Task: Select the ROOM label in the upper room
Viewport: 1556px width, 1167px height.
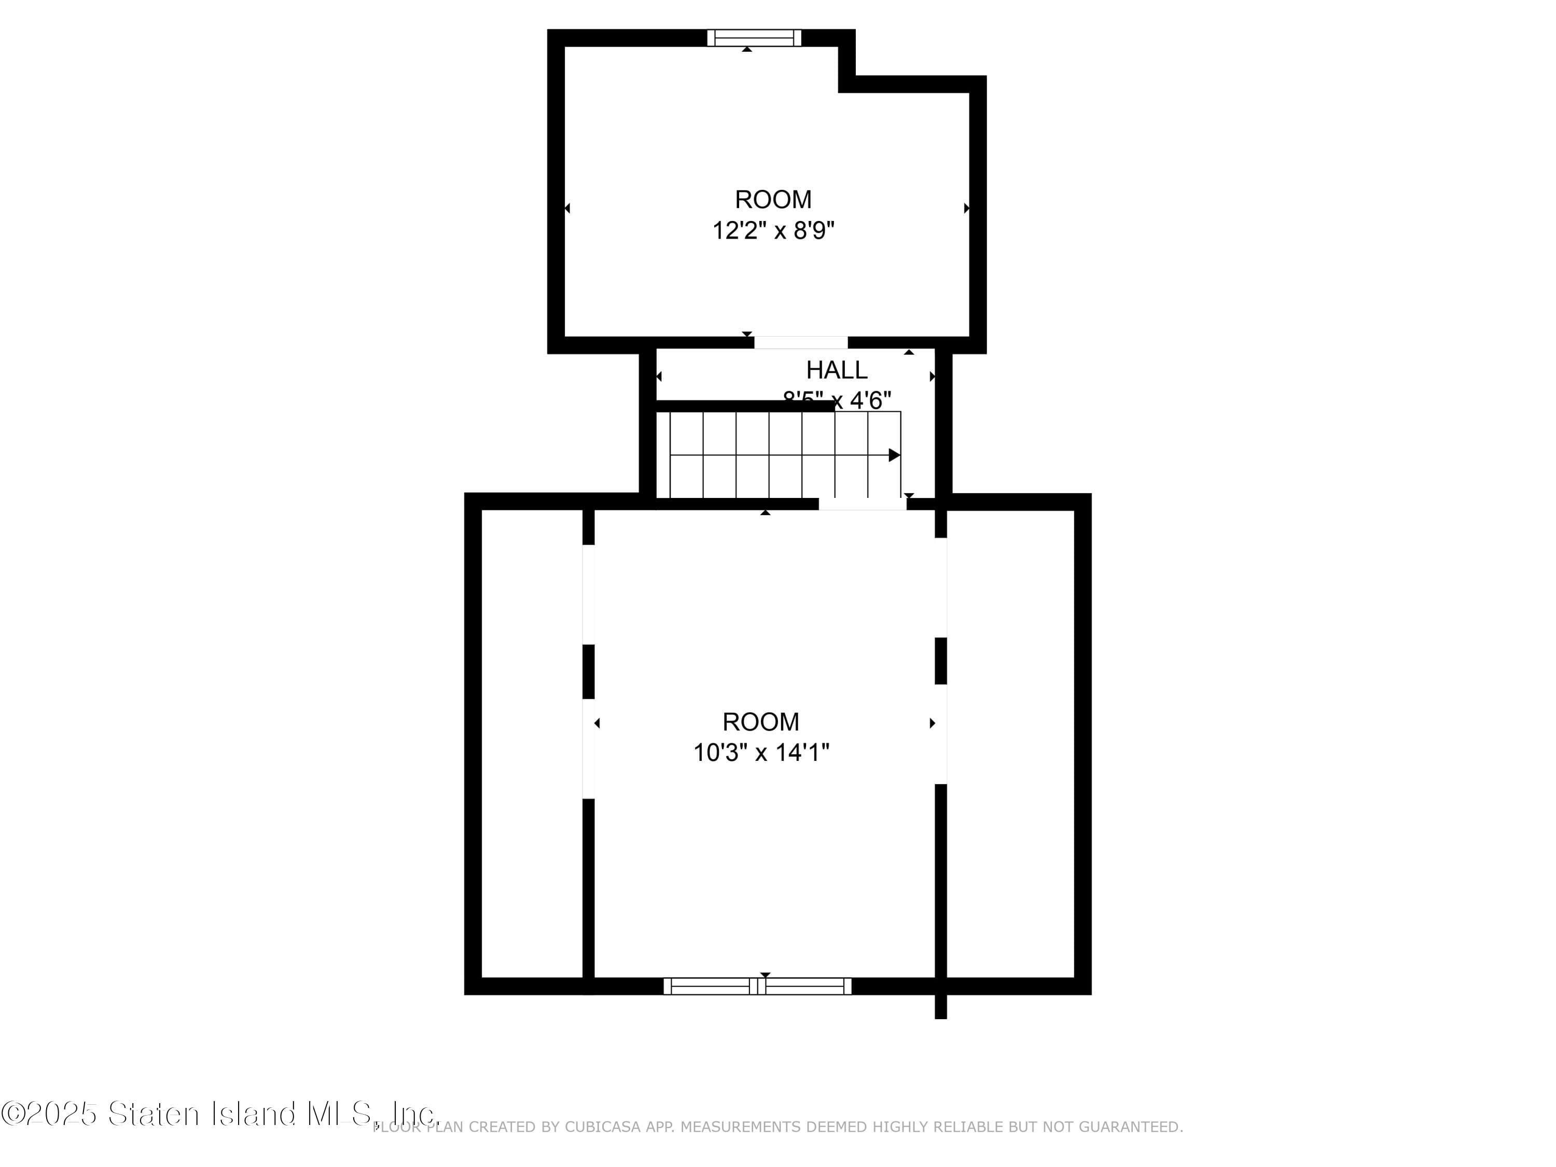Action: (773, 200)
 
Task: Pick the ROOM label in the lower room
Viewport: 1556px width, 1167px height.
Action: (760, 722)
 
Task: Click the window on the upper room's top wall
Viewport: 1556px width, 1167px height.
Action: (754, 38)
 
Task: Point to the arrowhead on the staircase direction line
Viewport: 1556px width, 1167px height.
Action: (894, 455)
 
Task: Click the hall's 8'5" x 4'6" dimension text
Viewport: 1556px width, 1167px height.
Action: (837, 400)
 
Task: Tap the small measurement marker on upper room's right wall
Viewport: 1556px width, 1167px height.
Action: (966, 208)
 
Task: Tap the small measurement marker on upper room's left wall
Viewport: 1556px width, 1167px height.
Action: (567, 208)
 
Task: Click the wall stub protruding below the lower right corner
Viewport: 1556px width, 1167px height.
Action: (940, 1007)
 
